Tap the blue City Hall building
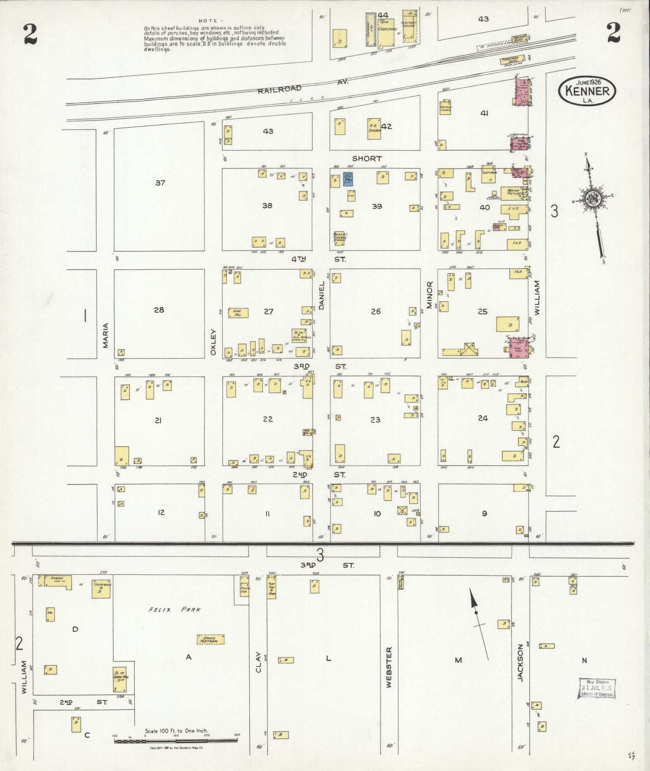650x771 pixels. point(348,179)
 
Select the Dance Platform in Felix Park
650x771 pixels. point(211,639)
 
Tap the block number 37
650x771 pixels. point(160,183)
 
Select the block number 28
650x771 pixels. point(159,310)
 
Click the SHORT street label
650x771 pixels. point(367,159)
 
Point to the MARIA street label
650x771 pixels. point(106,336)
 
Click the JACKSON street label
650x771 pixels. point(520,663)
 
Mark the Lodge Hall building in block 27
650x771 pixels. point(238,313)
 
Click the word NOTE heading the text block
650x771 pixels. point(208,21)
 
